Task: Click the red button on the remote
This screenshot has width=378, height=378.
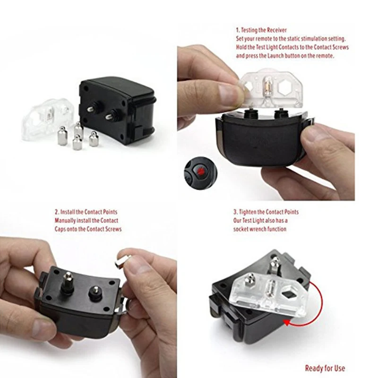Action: (200, 172)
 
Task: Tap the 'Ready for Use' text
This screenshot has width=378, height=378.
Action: (325, 369)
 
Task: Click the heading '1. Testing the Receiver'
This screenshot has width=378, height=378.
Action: (261, 30)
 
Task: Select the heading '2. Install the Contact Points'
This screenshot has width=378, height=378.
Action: (86, 212)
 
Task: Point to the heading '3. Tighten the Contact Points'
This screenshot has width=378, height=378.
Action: (266, 212)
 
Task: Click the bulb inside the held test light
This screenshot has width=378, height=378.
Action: (267, 86)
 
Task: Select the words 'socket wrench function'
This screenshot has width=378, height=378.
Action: (260, 229)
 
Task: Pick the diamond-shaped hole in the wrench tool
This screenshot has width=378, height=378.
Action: (288, 294)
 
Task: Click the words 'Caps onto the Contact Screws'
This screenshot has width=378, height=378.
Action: (88, 229)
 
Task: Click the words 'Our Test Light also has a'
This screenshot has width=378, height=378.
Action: (260, 221)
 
